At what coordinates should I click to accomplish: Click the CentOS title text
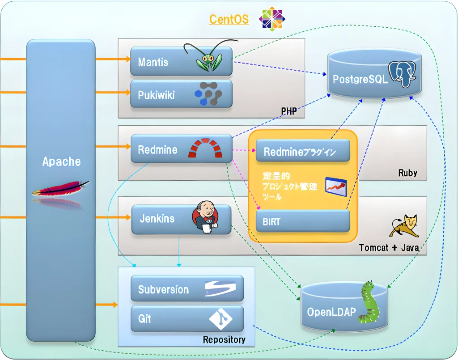(229, 19)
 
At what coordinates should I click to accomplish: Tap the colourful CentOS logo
(272, 18)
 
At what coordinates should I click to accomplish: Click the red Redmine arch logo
(205, 148)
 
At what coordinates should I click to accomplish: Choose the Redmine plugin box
(302, 152)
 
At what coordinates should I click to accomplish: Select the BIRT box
(302, 221)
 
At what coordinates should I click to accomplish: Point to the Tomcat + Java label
(389, 247)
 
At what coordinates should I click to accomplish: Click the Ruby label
(407, 173)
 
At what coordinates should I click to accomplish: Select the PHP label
(289, 111)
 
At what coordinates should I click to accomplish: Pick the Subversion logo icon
(220, 288)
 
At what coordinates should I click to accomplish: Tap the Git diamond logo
(221, 318)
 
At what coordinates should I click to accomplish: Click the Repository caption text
(224, 340)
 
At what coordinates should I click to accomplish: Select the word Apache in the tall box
(61, 161)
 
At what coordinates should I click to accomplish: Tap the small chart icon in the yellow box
(335, 185)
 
